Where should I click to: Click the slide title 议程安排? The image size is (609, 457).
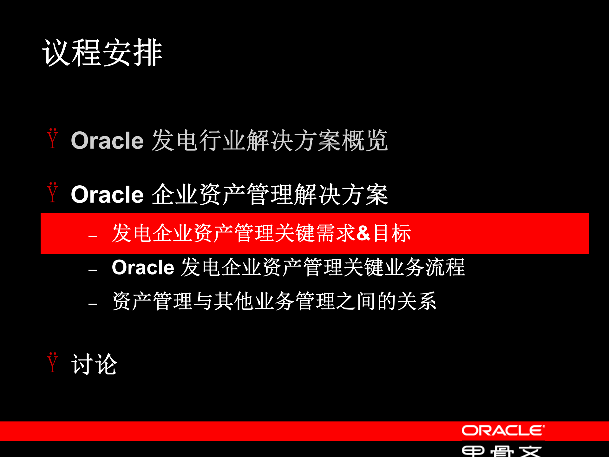[x=102, y=53]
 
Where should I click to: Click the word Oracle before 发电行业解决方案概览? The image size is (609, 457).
[x=107, y=140]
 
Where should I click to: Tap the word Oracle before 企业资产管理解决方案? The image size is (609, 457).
[x=107, y=194]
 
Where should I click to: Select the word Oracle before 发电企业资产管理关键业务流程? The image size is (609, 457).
[x=143, y=267]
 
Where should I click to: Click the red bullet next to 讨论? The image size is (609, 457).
[x=53, y=362]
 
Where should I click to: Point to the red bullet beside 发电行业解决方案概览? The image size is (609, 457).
[x=53, y=139]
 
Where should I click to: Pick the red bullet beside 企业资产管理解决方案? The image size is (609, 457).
[x=53, y=193]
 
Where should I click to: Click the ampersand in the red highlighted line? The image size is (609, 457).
[x=363, y=233]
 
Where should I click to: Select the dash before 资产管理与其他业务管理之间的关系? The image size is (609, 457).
[x=93, y=304]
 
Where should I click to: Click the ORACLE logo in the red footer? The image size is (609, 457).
[x=503, y=431]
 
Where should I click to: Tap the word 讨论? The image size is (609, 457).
[x=94, y=364]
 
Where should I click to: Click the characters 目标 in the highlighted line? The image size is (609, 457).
[x=392, y=233]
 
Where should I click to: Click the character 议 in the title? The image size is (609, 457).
[x=56, y=53]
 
